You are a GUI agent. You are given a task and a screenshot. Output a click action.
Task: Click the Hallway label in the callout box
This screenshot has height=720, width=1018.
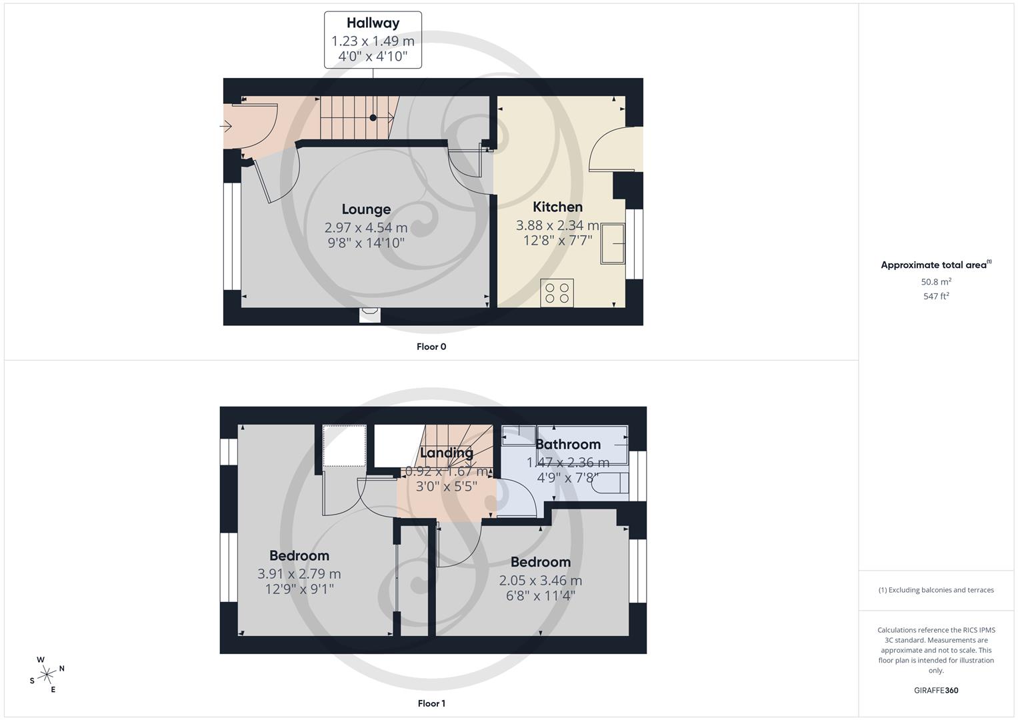pos(373,23)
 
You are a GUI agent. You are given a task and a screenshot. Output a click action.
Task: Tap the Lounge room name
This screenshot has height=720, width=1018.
pos(366,209)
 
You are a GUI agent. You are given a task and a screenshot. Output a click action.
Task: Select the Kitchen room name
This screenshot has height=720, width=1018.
pos(557,207)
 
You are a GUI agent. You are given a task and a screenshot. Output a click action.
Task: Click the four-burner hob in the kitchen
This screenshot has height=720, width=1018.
pos(557,293)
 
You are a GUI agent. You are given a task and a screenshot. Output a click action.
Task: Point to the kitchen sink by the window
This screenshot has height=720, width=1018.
pos(613,244)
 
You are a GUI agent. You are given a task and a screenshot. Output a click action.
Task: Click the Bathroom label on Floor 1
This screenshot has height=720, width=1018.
pos(568,444)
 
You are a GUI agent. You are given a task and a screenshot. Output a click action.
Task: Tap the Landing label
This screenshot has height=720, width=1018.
pos(447,453)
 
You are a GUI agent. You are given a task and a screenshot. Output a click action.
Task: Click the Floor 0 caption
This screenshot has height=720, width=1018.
pos(431,347)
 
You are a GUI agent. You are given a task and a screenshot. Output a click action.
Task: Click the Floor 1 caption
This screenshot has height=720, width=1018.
pos(431,703)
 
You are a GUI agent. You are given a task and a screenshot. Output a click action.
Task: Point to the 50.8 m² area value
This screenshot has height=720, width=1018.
pos(936,282)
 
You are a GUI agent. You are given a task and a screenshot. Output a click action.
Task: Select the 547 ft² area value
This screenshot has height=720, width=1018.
pos(936,297)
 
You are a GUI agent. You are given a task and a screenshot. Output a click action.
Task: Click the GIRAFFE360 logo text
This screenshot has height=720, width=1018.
pos(936,691)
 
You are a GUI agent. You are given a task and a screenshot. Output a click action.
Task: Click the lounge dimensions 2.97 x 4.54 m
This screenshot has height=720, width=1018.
pos(366,227)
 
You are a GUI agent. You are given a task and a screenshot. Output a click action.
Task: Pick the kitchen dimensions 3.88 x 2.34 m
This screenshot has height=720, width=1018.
pos(557,225)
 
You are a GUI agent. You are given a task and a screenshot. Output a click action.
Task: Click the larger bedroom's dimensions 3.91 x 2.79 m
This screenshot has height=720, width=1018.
pos(299,573)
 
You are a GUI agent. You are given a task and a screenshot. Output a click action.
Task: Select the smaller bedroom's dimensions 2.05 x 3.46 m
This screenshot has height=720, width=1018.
pos(540,580)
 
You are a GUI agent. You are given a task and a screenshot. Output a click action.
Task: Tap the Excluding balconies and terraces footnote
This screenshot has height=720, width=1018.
pos(936,590)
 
